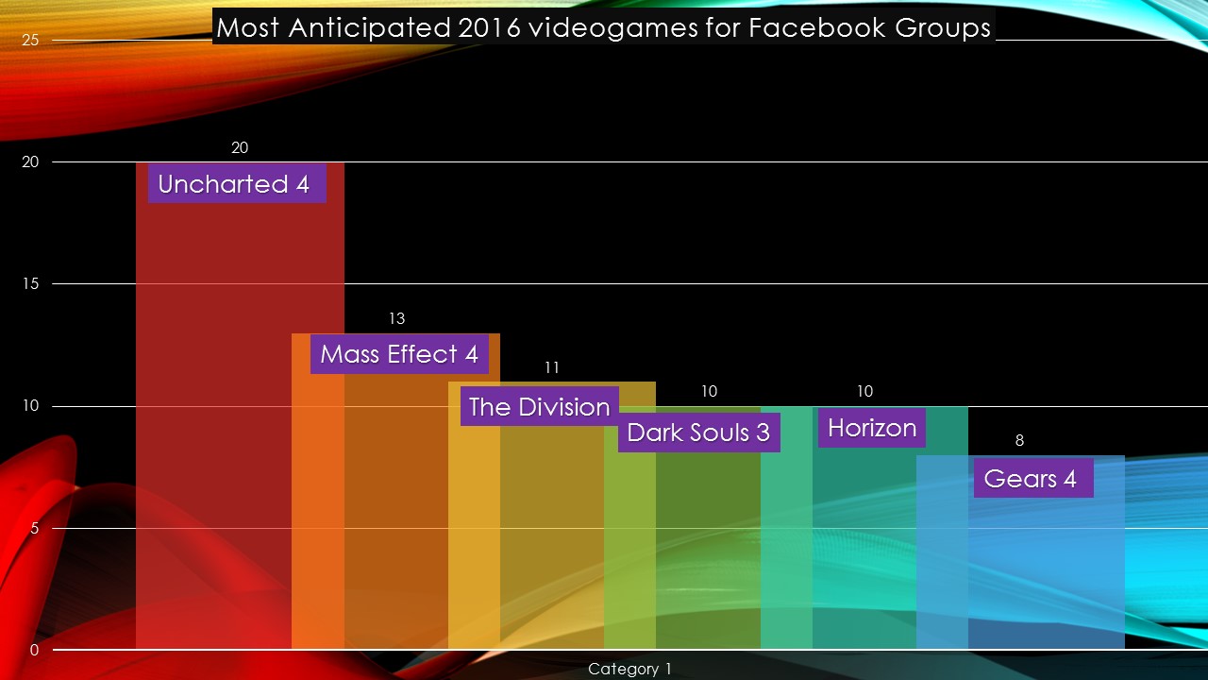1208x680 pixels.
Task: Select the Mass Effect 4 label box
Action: tap(399, 354)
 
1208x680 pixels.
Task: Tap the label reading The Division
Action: tap(539, 407)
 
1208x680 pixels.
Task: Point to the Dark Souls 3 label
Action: tap(698, 433)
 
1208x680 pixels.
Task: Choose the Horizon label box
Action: tap(872, 428)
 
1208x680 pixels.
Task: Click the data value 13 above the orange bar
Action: tap(396, 319)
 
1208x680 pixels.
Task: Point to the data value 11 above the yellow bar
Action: tap(552, 367)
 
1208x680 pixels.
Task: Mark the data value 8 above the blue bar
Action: tap(1019, 440)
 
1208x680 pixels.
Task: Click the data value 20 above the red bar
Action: tap(240, 148)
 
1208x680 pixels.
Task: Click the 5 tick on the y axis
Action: tap(34, 528)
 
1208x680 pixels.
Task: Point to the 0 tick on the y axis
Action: tap(34, 651)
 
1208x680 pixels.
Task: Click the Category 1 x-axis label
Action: tap(629, 669)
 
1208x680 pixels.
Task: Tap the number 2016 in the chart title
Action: tap(490, 27)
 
